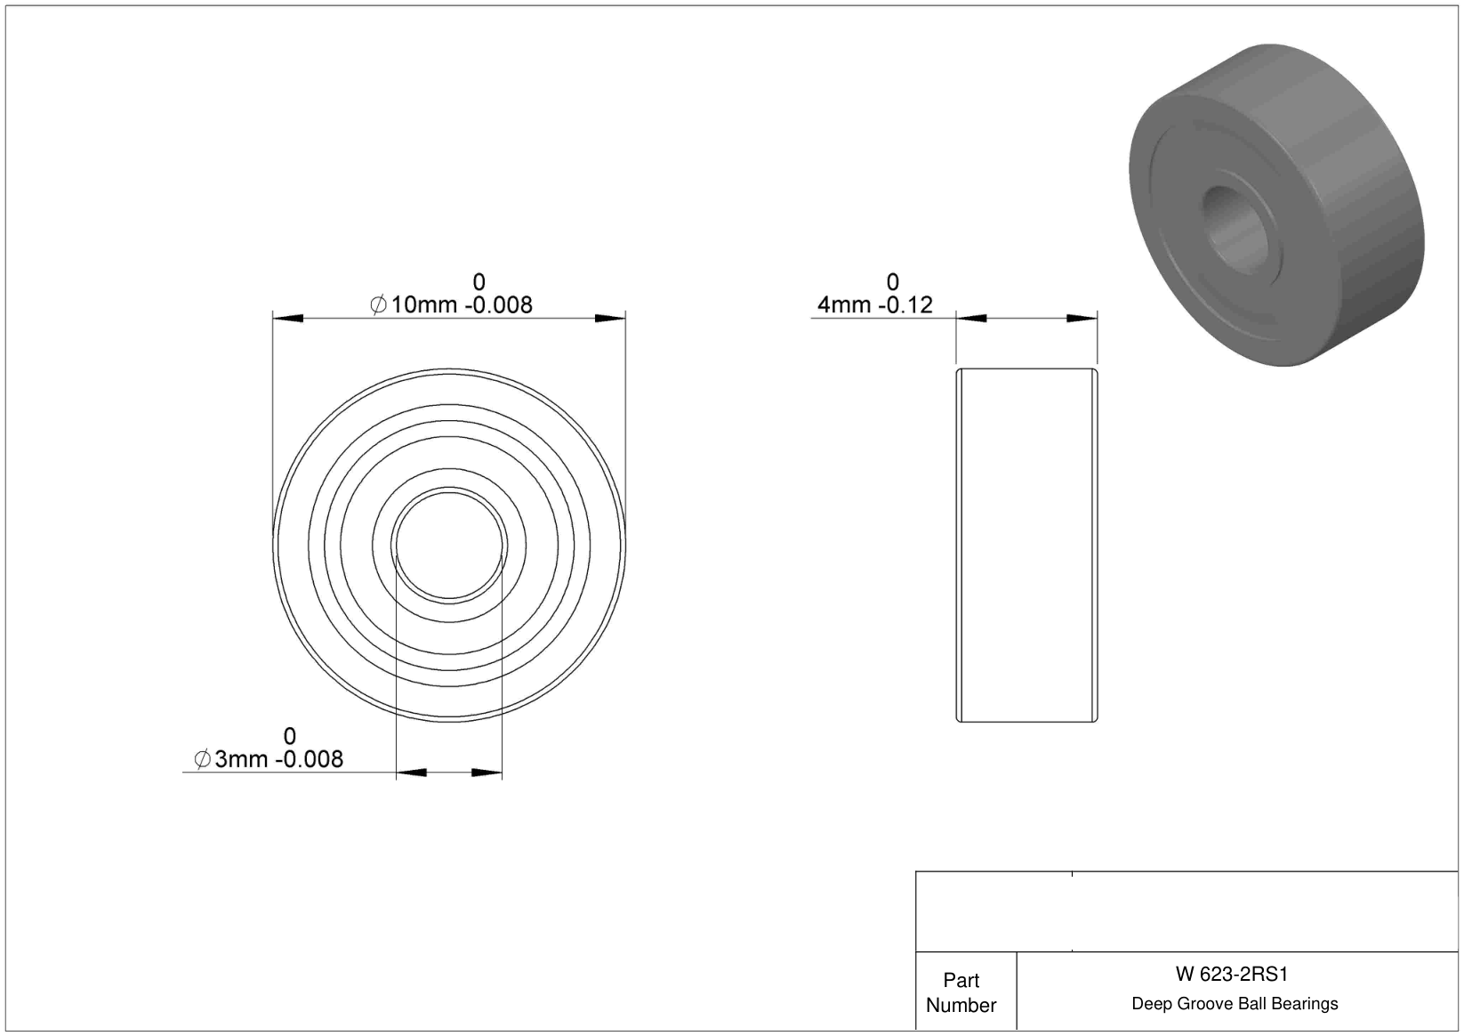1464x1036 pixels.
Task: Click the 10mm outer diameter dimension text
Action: tap(423, 304)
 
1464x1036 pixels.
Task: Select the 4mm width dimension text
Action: tap(844, 304)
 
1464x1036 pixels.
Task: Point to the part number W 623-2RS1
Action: tap(1232, 975)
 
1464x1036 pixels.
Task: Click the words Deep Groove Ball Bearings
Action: tap(1235, 1004)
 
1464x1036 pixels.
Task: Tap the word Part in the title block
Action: tap(961, 981)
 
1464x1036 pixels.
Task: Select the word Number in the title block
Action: tap(961, 1005)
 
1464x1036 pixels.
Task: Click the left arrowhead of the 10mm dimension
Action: tap(287, 319)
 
